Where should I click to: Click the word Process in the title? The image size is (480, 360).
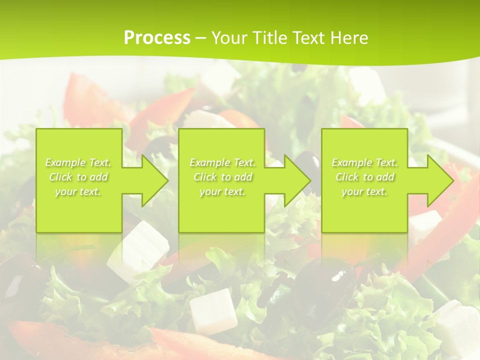(157, 38)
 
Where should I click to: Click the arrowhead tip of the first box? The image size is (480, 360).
(166, 180)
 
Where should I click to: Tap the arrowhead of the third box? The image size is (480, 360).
(451, 180)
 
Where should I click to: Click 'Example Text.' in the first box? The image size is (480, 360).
(78, 162)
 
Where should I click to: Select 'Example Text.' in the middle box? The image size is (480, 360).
(222, 162)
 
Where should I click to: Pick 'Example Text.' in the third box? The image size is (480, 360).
(364, 162)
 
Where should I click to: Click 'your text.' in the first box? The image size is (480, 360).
(78, 191)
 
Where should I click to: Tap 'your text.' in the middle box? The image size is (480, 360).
(222, 191)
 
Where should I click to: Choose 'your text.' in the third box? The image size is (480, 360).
(364, 191)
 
